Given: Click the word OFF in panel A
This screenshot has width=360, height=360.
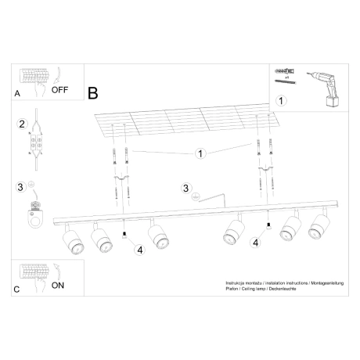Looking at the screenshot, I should point(60,89).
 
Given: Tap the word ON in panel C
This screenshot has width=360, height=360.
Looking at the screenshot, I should point(57,286).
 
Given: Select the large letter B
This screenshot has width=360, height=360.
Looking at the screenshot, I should point(93,93).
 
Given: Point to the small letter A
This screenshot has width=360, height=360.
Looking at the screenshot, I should point(17,93).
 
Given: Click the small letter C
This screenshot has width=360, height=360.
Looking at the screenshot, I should point(17,289).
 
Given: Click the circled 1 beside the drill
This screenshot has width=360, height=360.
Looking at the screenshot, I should point(282,100).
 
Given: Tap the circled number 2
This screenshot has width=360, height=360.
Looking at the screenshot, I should point(23,123).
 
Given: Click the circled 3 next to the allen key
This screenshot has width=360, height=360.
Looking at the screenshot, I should point(185,188).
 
